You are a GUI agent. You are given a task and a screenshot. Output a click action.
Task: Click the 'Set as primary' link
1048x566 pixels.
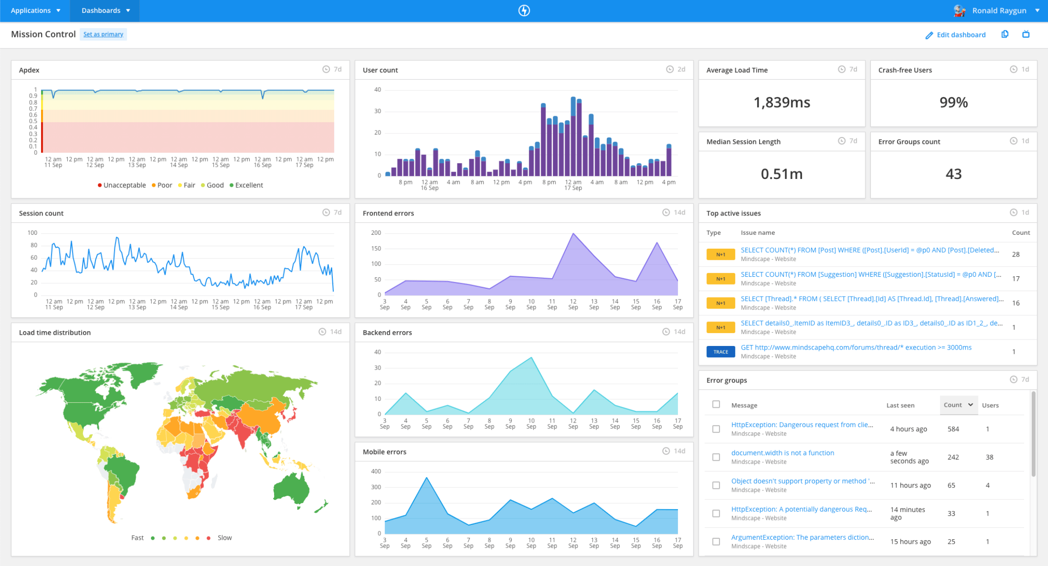tap(103, 34)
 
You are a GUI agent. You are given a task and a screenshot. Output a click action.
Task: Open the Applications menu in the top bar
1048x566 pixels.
tap(35, 10)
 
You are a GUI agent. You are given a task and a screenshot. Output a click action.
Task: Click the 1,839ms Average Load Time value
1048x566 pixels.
tap(781, 102)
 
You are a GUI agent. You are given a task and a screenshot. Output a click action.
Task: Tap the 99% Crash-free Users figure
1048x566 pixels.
tap(953, 102)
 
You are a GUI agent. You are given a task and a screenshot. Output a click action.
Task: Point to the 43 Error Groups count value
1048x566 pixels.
tap(953, 174)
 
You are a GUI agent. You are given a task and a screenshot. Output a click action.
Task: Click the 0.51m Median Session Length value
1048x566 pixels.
tap(781, 174)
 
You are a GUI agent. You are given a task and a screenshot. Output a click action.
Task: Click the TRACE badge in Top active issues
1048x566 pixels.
tap(720, 352)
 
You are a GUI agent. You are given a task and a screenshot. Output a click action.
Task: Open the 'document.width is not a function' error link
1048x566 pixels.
tap(782, 453)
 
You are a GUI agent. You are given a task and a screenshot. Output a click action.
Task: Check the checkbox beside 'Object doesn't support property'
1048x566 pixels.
tap(716, 485)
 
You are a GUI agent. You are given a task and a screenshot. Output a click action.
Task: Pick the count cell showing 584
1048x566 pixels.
tap(953, 429)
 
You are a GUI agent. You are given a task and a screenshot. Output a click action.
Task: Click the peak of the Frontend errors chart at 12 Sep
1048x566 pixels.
tap(573, 233)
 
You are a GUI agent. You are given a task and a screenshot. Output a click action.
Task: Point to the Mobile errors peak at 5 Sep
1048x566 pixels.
tap(426, 478)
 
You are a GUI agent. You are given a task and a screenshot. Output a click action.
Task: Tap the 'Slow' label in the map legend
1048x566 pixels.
tap(225, 538)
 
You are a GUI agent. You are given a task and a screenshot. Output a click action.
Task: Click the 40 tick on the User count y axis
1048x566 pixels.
tap(377, 89)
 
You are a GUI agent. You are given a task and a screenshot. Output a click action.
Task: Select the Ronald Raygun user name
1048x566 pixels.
tap(999, 10)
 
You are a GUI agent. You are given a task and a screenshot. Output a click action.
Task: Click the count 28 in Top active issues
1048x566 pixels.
tap(1015, 254)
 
